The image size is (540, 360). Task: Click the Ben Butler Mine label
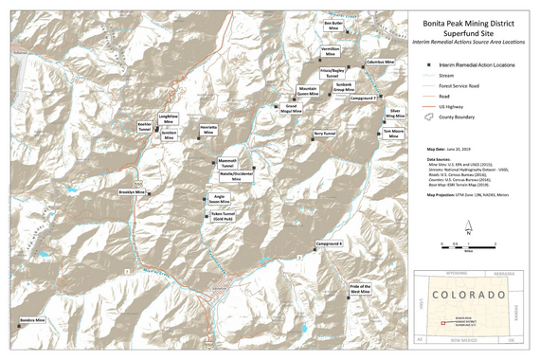click(x=333, y=25)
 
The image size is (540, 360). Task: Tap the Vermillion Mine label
click(x=331, y=51)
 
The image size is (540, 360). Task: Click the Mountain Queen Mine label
click(x=308, y=92)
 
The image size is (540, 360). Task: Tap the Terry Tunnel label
click(x=324, y=134)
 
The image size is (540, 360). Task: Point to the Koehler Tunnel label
click(x=145, y=126)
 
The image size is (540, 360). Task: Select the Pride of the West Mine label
click(x=361, y=289)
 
